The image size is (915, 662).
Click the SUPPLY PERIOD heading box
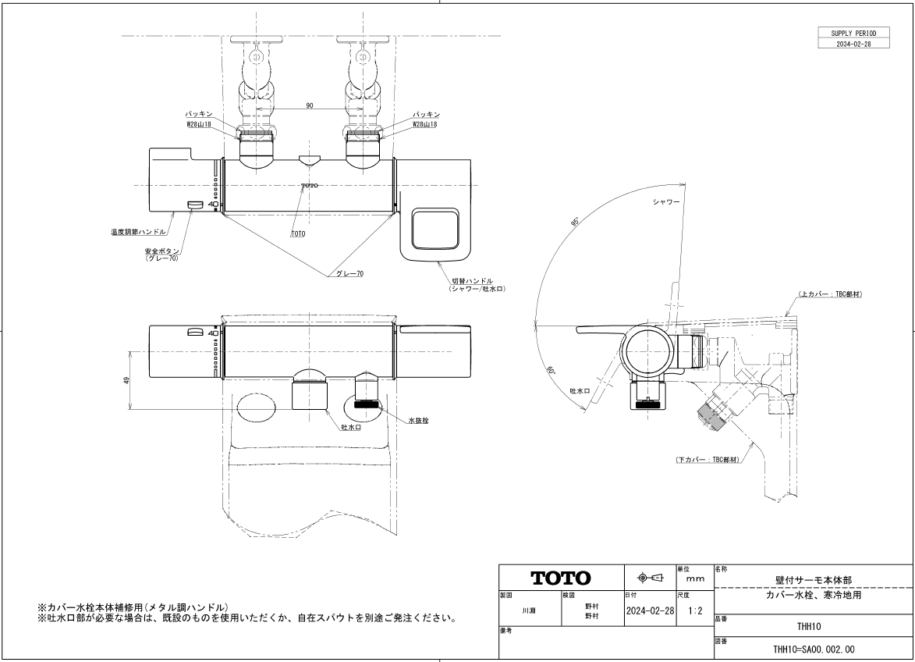click(x=853, y=34)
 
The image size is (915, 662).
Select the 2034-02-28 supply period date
click(x=853, y=44)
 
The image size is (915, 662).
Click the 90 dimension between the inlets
click(x=309, y=105)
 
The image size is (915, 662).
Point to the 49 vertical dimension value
click(x=126, y=380)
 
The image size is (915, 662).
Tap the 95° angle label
click(x=575, y=222)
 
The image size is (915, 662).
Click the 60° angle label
click(x=551, y=372)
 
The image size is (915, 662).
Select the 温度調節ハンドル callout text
click(x=138, y=232)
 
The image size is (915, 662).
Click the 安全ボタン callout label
click(x=162, y=251)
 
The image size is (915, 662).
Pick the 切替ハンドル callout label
click(x=473, y=281)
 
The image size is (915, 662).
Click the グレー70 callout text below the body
click(x=349, y=273)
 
